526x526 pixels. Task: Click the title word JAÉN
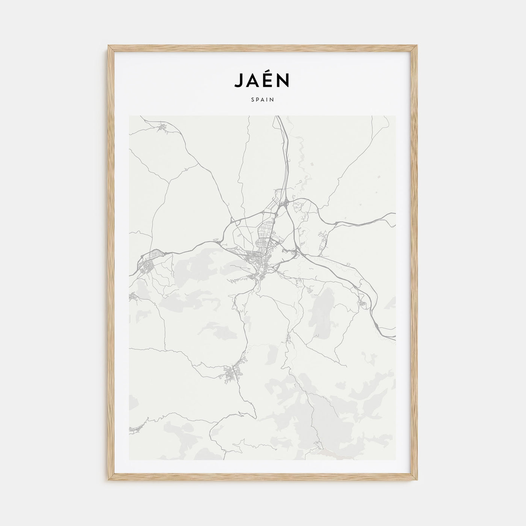pos(262,80)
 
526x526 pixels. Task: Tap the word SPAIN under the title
pos(263,100)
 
